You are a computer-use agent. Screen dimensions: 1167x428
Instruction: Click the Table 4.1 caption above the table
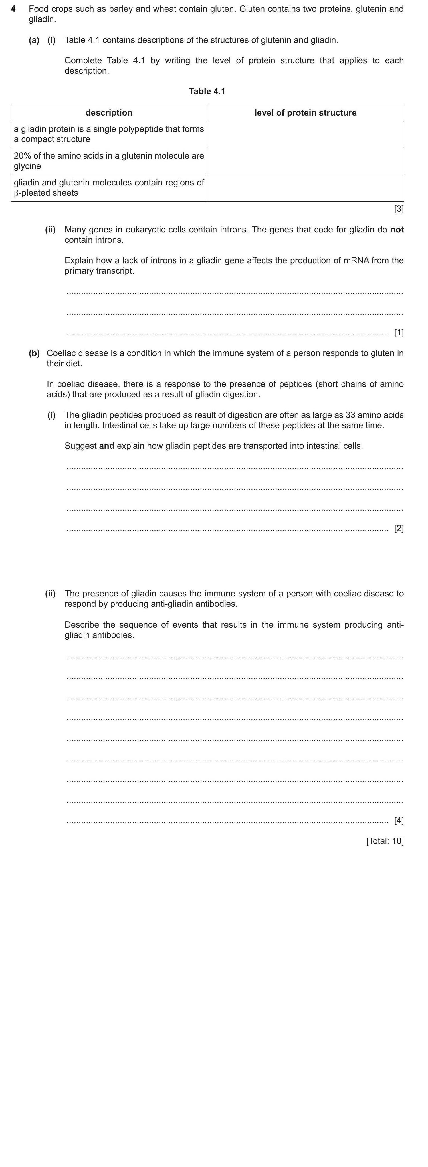point(207,91)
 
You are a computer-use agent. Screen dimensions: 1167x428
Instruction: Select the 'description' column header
point(109,113)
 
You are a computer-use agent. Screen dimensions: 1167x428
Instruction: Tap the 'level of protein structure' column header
point(305,113)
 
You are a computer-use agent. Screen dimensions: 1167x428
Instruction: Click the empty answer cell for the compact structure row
point(305,134)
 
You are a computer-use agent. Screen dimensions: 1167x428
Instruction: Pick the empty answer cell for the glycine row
point(305,161)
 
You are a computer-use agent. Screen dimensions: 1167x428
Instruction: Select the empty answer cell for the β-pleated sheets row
point(305,187)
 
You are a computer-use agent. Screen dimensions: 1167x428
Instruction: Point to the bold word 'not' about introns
point(397,230)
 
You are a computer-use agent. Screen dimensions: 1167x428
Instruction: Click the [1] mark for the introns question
point(399,333)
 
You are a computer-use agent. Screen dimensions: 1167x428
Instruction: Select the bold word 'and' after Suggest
point(106,446)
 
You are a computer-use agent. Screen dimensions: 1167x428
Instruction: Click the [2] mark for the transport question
point(399,528)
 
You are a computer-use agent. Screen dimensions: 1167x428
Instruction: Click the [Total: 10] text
point(385,841)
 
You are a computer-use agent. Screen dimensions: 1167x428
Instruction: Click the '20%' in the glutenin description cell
point(23,156)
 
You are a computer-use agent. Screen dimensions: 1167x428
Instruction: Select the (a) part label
point(34,40)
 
